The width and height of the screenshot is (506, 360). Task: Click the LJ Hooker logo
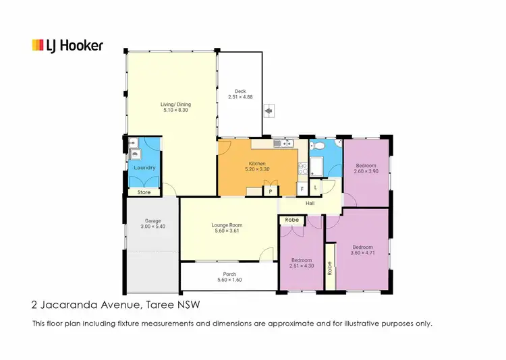67,45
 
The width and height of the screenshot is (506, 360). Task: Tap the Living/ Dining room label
175,104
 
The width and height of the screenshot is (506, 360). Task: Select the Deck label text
240,92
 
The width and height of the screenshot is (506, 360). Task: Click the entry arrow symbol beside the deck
269,111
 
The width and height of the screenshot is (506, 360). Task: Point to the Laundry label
144,168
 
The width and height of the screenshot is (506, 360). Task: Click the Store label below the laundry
144,193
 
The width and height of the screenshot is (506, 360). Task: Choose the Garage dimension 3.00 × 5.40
153,227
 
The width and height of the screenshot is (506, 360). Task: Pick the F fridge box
302,188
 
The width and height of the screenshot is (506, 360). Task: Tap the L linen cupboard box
316,188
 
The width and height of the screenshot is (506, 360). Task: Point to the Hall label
310,203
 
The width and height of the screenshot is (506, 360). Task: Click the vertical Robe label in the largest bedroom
330,268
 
